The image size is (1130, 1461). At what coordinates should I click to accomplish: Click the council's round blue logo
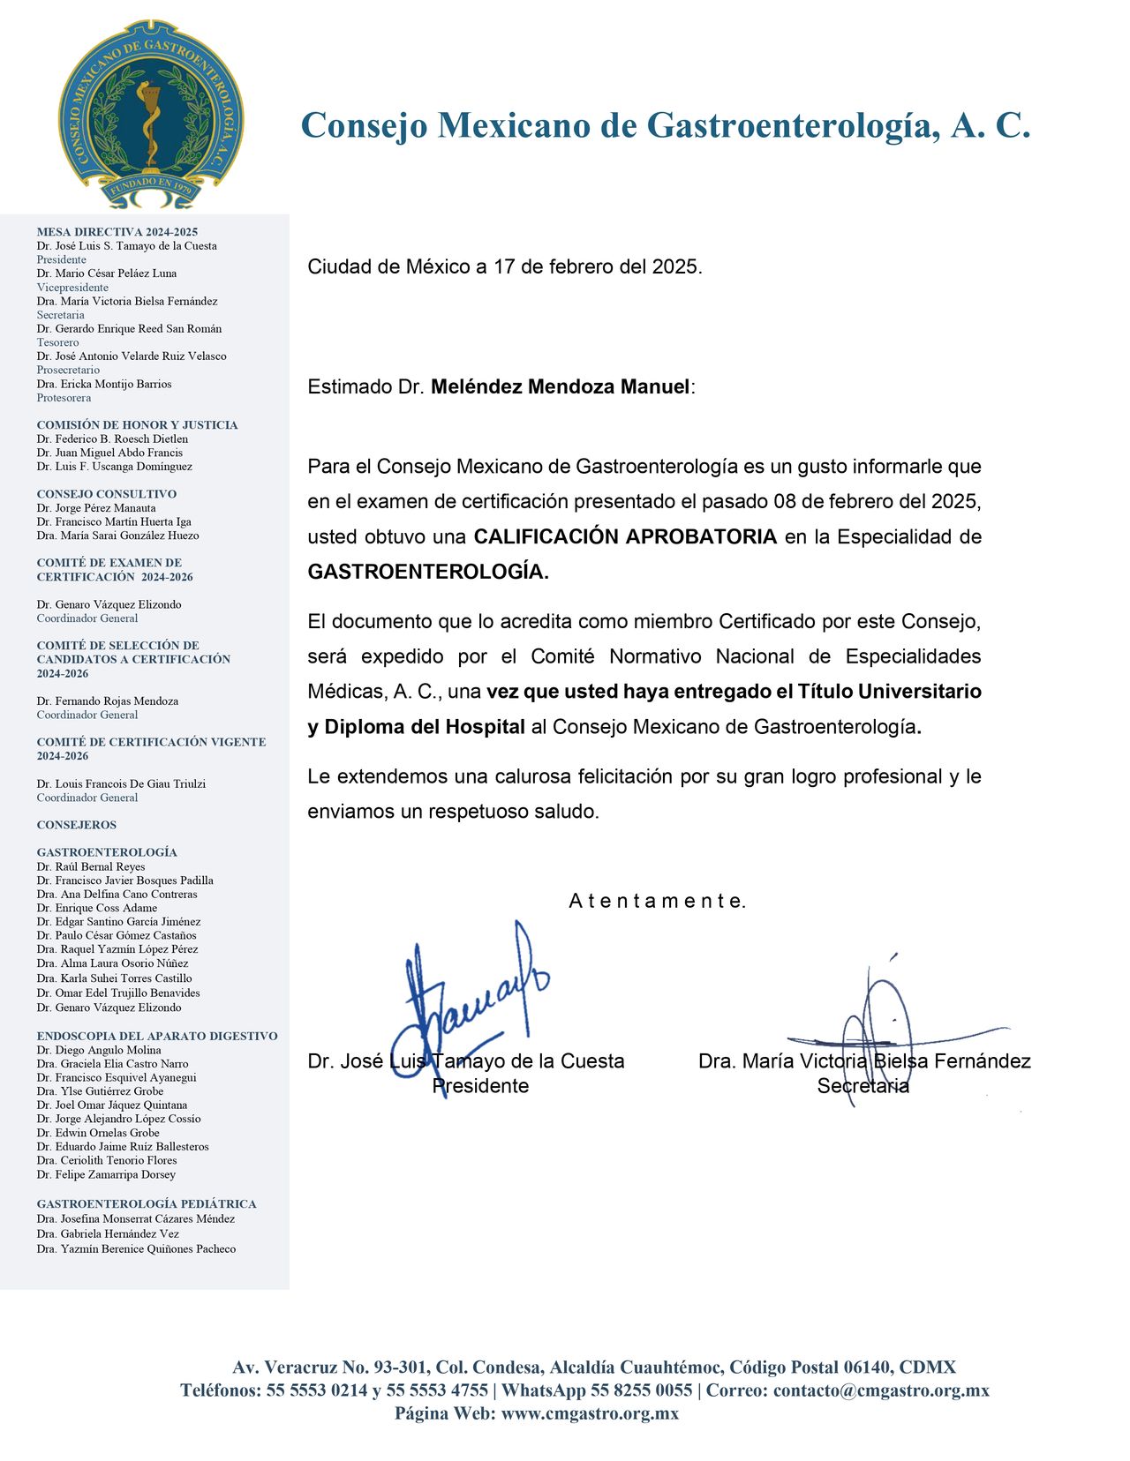click(x=150, y=114)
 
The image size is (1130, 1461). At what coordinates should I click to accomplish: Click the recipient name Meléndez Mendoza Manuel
click(x=560, y=386)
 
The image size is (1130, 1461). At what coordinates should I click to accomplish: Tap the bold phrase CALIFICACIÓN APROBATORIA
click(x=625, y=536)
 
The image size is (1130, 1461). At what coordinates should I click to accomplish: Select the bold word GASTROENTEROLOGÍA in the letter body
click(x=427, y=572)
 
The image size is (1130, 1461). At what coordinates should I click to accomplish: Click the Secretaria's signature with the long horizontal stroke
click(x=883, y=1032)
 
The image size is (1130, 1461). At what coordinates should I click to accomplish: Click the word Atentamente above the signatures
click(x=658, y=901)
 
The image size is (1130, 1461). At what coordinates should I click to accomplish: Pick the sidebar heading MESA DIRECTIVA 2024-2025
click(x=117, y=232)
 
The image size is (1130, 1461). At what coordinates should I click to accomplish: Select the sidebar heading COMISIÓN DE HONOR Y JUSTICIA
click(x=137, y=425)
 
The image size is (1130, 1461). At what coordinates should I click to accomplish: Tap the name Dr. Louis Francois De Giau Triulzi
click(x=121, y=783)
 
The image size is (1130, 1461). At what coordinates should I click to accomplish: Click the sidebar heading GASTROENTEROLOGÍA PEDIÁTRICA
click(x=147, y=1203)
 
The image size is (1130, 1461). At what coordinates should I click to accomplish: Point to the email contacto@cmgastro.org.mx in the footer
click(x=881, y=1390)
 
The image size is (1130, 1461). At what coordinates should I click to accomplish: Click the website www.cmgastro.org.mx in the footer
click(x=590, y=1413)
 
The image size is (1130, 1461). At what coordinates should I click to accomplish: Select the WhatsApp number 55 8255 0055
click(x=642, y=1390)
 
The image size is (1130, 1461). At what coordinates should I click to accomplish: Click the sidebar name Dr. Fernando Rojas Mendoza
click(x=108, y=701)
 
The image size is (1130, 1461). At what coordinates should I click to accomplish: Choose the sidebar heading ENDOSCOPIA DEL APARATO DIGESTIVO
click(x=157, y=1036)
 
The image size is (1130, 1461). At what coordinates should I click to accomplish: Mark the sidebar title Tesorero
click(x=58, y=342)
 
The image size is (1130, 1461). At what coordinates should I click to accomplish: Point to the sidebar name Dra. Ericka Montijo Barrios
click(x=104, y=384)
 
